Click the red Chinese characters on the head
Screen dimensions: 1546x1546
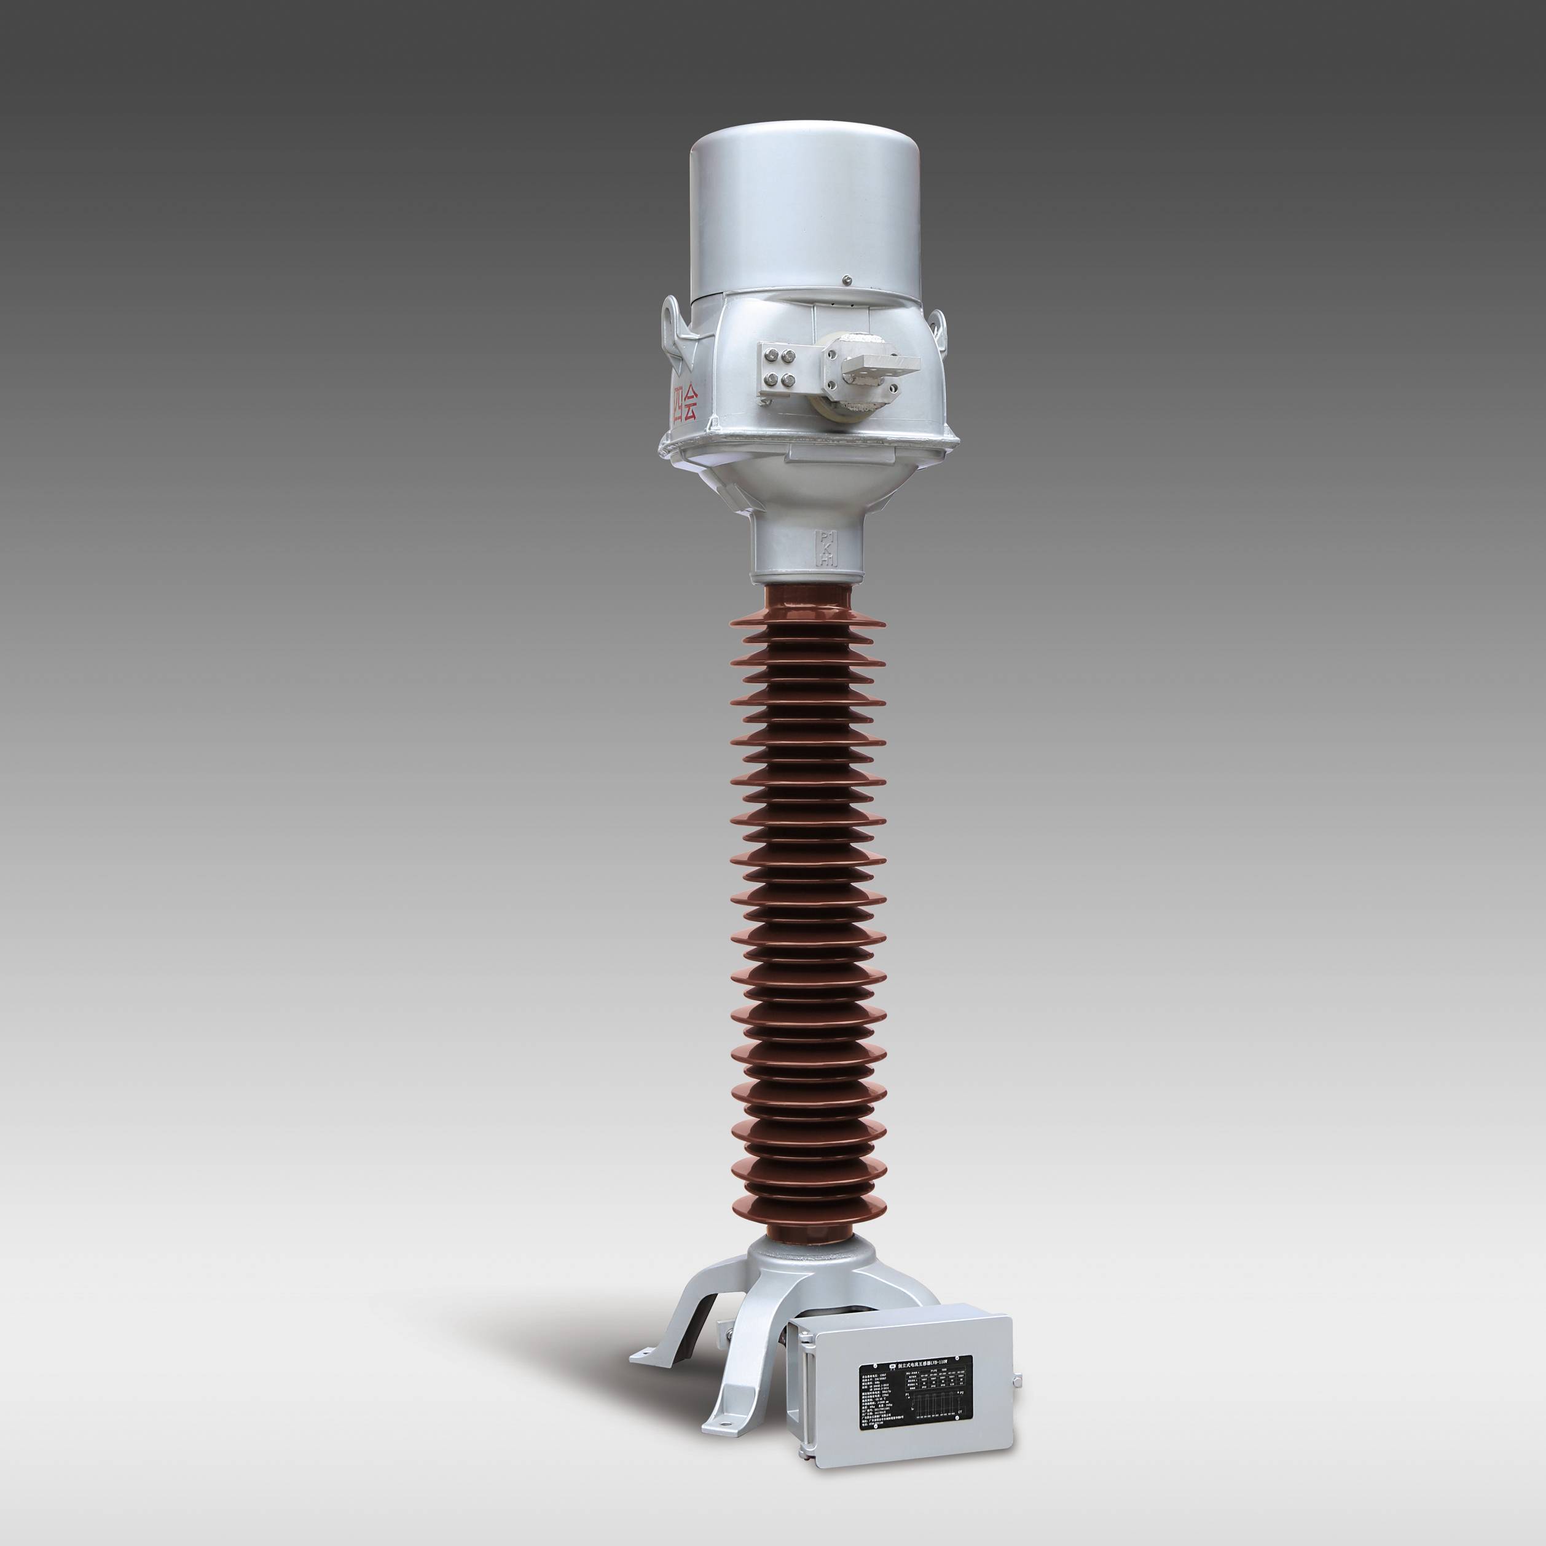coord(685,407)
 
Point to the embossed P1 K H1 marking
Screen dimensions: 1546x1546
coord(824,547)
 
